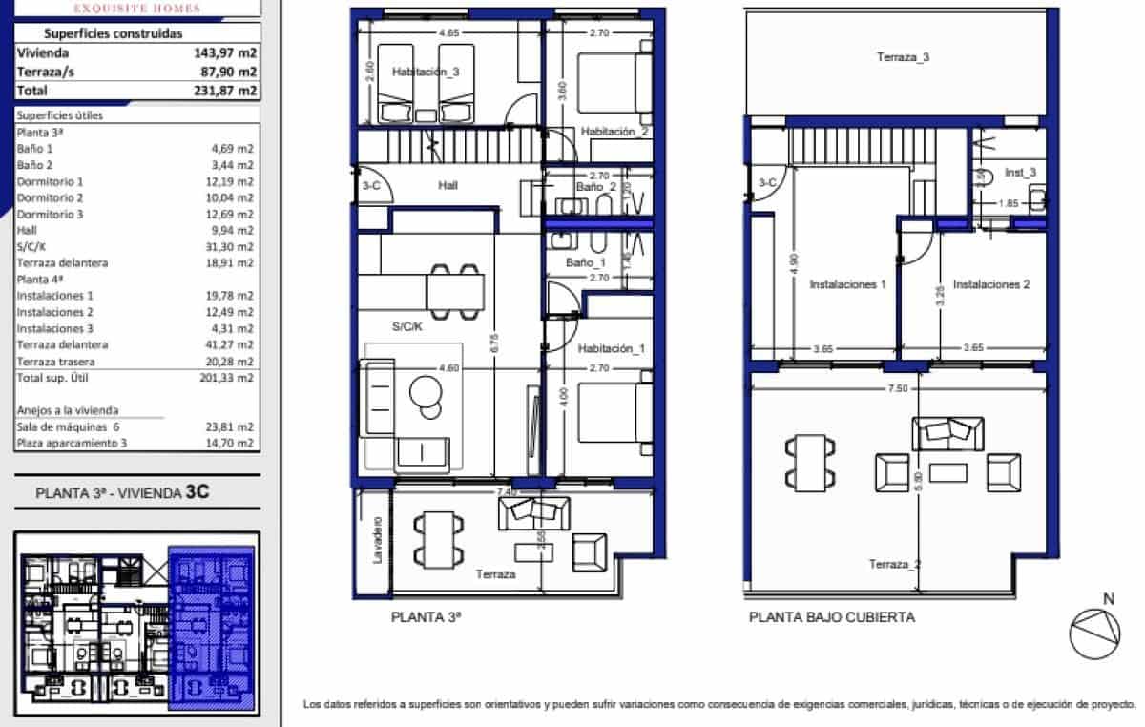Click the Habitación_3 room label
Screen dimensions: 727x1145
pos(425,72)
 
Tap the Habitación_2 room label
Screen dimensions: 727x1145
pos(614,132)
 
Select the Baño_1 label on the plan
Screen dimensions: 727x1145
pos(585,261)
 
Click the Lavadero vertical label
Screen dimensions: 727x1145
pos(378,540)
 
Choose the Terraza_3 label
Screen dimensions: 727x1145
pos(903,57)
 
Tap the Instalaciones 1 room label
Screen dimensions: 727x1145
pos(848,284)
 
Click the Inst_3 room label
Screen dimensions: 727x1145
pos(1021,173)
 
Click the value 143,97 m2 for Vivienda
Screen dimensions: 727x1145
pos(225,53)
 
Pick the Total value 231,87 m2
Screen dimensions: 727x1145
pos(225,91)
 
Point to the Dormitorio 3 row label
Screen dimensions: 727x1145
pos(51,214)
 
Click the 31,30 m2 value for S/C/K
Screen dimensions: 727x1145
pos(232,246)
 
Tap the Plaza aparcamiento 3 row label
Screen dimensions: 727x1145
pos(72,443)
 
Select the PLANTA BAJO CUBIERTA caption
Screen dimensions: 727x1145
pos(831,617)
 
